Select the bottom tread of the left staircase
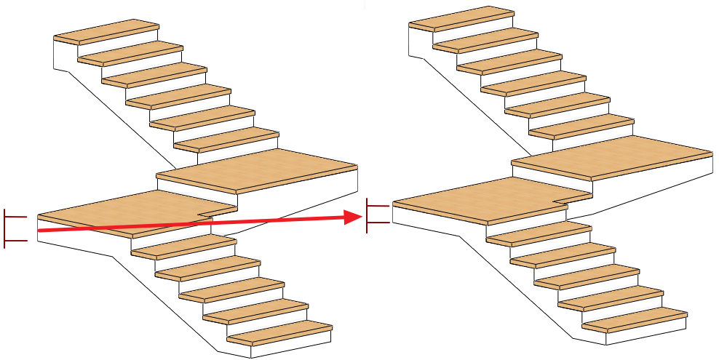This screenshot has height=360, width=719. click(x=280, y=332)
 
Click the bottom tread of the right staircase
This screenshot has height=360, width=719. click(x=635, y=319)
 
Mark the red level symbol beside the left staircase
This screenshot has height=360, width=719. click(x=15, y=228)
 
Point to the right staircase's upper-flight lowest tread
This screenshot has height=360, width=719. click(x=582, y=127)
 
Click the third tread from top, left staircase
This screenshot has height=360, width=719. click(x=154, y=71)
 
